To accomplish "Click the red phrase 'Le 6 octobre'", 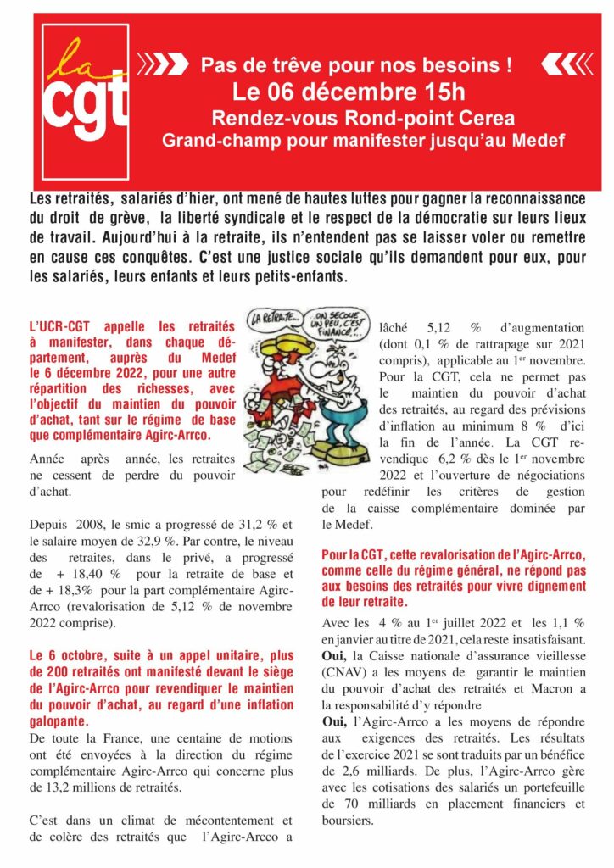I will (69, 656).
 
